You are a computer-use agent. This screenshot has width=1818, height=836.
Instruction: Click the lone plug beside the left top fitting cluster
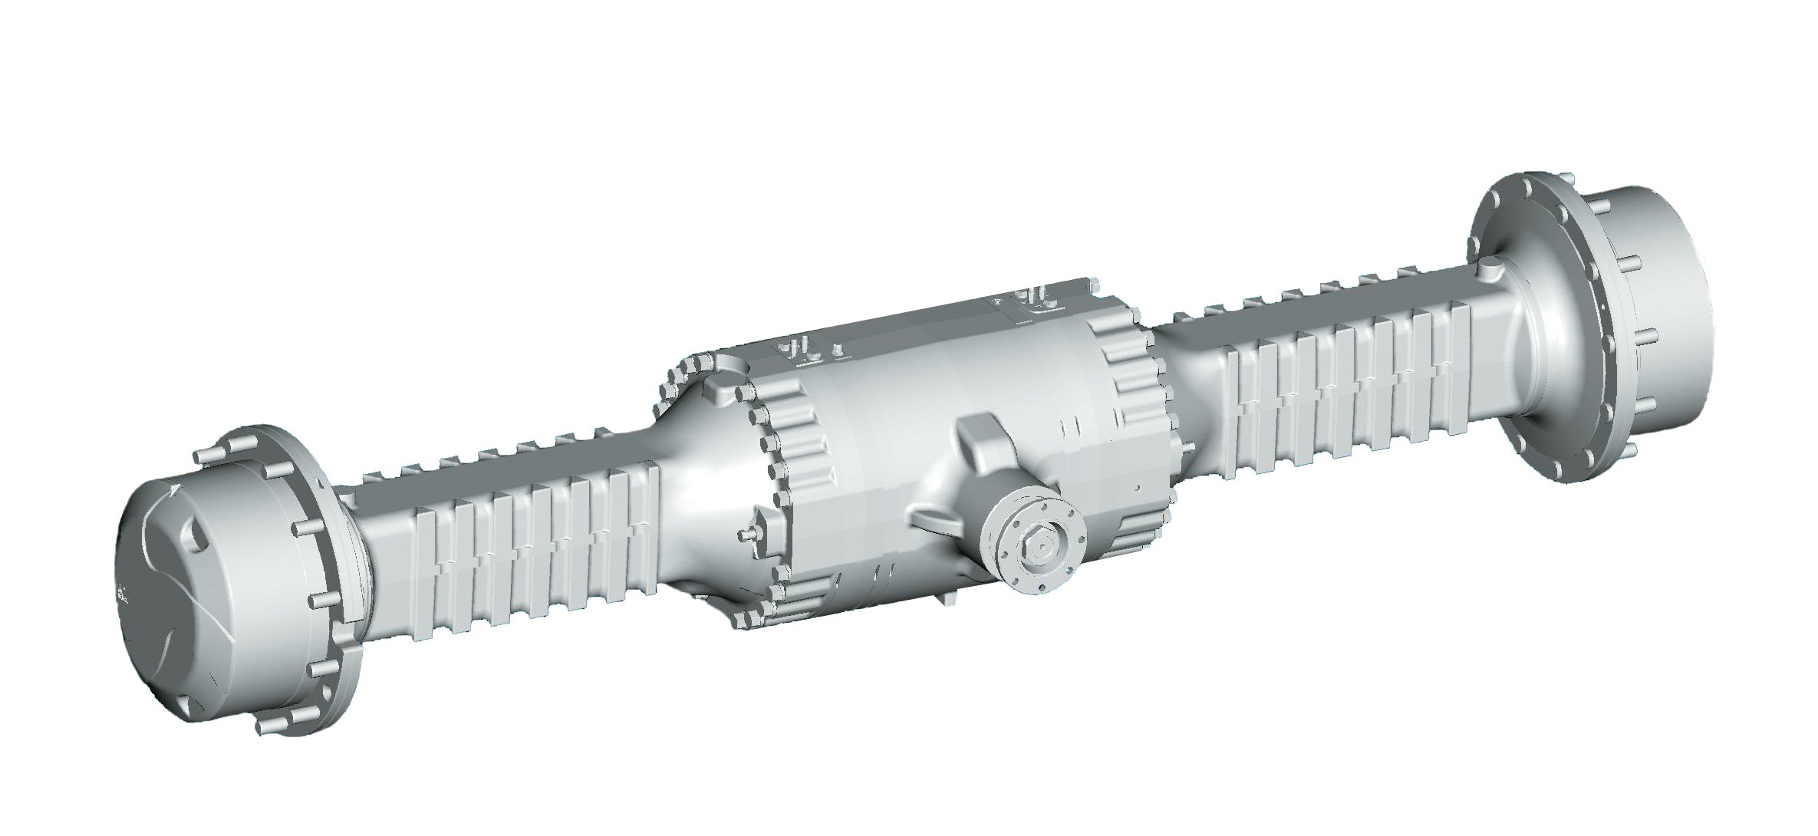838,351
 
